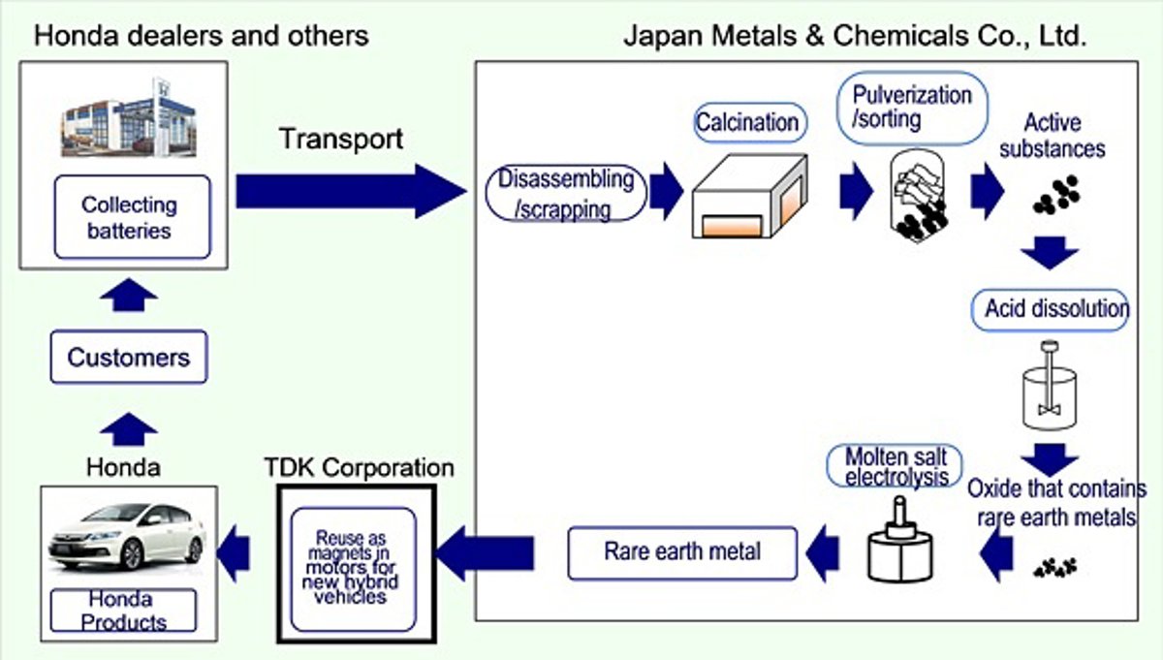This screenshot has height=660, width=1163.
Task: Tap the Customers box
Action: tap(129, 358)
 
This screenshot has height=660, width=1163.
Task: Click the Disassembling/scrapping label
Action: tap(566, 193)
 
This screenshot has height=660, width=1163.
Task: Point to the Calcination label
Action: tap(747, 123)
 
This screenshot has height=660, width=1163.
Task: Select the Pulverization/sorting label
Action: tap(912, 108)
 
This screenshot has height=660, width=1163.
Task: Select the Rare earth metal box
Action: tap(682, 552)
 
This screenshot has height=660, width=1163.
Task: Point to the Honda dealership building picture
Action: tap(130, 118)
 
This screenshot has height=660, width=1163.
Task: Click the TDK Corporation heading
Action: tap(359, 468)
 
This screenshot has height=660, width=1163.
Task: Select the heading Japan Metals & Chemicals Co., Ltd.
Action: tap(854, 37)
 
